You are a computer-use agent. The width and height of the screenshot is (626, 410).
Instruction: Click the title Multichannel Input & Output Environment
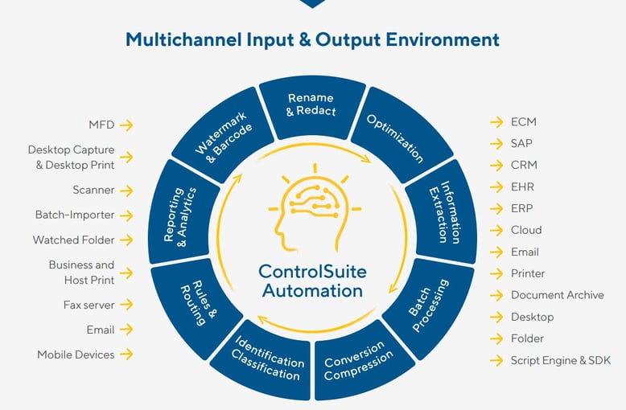click(x=312, y=39)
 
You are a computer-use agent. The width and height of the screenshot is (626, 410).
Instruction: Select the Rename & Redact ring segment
click(x=312, y=105)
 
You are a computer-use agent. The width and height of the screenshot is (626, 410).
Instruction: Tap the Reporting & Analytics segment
click(x=180, y=214)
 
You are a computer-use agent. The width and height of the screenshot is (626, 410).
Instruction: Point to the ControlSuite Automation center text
click(x=311, y=280)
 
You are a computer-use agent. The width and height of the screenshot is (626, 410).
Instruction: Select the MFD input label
click(x=101, y=125)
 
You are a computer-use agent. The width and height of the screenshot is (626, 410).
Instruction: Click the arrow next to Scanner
click(x=126, y=191)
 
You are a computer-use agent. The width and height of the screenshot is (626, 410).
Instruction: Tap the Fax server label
click(x=89, y=305)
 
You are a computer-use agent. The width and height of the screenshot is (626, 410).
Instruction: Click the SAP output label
click(x=521, y=144)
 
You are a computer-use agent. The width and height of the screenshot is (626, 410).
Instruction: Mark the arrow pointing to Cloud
click(x=496, y=231)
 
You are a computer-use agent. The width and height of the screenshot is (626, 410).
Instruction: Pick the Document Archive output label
click(x=557, y=295)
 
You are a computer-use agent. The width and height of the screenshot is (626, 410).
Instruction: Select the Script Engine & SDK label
click(x=560, y=360)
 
